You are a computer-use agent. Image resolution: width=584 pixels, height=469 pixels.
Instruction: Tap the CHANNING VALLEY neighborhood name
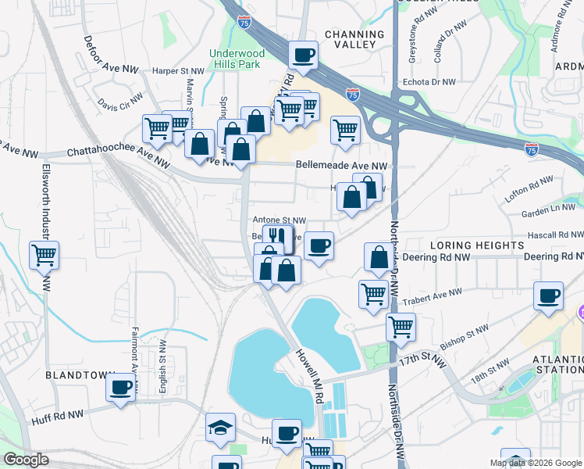pyautogui.click(x=354, y=40)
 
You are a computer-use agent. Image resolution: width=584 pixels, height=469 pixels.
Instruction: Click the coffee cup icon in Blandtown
pyautogui.click(x=121, y=388)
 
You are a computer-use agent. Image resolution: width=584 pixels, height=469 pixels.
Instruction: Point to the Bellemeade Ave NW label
pyautogui.click(x=341, y=166)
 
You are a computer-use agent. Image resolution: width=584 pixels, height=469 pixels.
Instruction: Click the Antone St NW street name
pyautogui.click(x=278, y=221)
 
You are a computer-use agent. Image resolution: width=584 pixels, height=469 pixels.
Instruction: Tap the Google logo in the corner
pyautogui.click(x=26, y=460)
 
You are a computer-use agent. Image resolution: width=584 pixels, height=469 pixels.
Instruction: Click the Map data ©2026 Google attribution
pyautogui.click(x=535, y=463)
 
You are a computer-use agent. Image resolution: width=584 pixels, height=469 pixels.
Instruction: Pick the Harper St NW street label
pyautogui.click(x=177, y=70)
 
